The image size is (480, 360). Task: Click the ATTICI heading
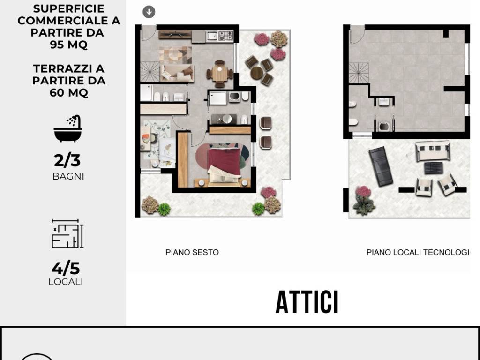pyautogui.click(x=307, y=302)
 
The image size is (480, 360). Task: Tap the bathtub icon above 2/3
pyautogui.click(x=68, y=129)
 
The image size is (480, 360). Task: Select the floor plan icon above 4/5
pyautogui.click(x=67, y=233)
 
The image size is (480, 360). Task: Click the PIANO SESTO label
pyautogui.click(x=192, y=252)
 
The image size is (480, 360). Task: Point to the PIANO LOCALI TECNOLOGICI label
pyautogui.click(x=418, y=252)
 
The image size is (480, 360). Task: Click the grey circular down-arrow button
pyautogui.click(x=149, y=12)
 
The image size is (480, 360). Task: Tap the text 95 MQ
pyautogui.click(x=68, y=45)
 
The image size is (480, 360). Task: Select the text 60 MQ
pyautogui.click(x=68, y=92)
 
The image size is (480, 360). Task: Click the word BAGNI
pyautogui.click(x=68, y=177)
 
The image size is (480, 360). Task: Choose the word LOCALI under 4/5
pyautogui.click(x=66, y=282)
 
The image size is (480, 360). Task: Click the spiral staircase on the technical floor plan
pyautogui.click(x=359, y=73)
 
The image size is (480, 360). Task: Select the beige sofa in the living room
pyautogui.click(x=177, y=73)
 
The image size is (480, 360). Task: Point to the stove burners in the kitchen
pyautogui.click(x=226, y=35)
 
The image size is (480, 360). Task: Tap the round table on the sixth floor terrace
pyautogui.click(x=257, y=72)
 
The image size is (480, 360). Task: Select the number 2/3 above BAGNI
pyautogui.click(x=67, y=160)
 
